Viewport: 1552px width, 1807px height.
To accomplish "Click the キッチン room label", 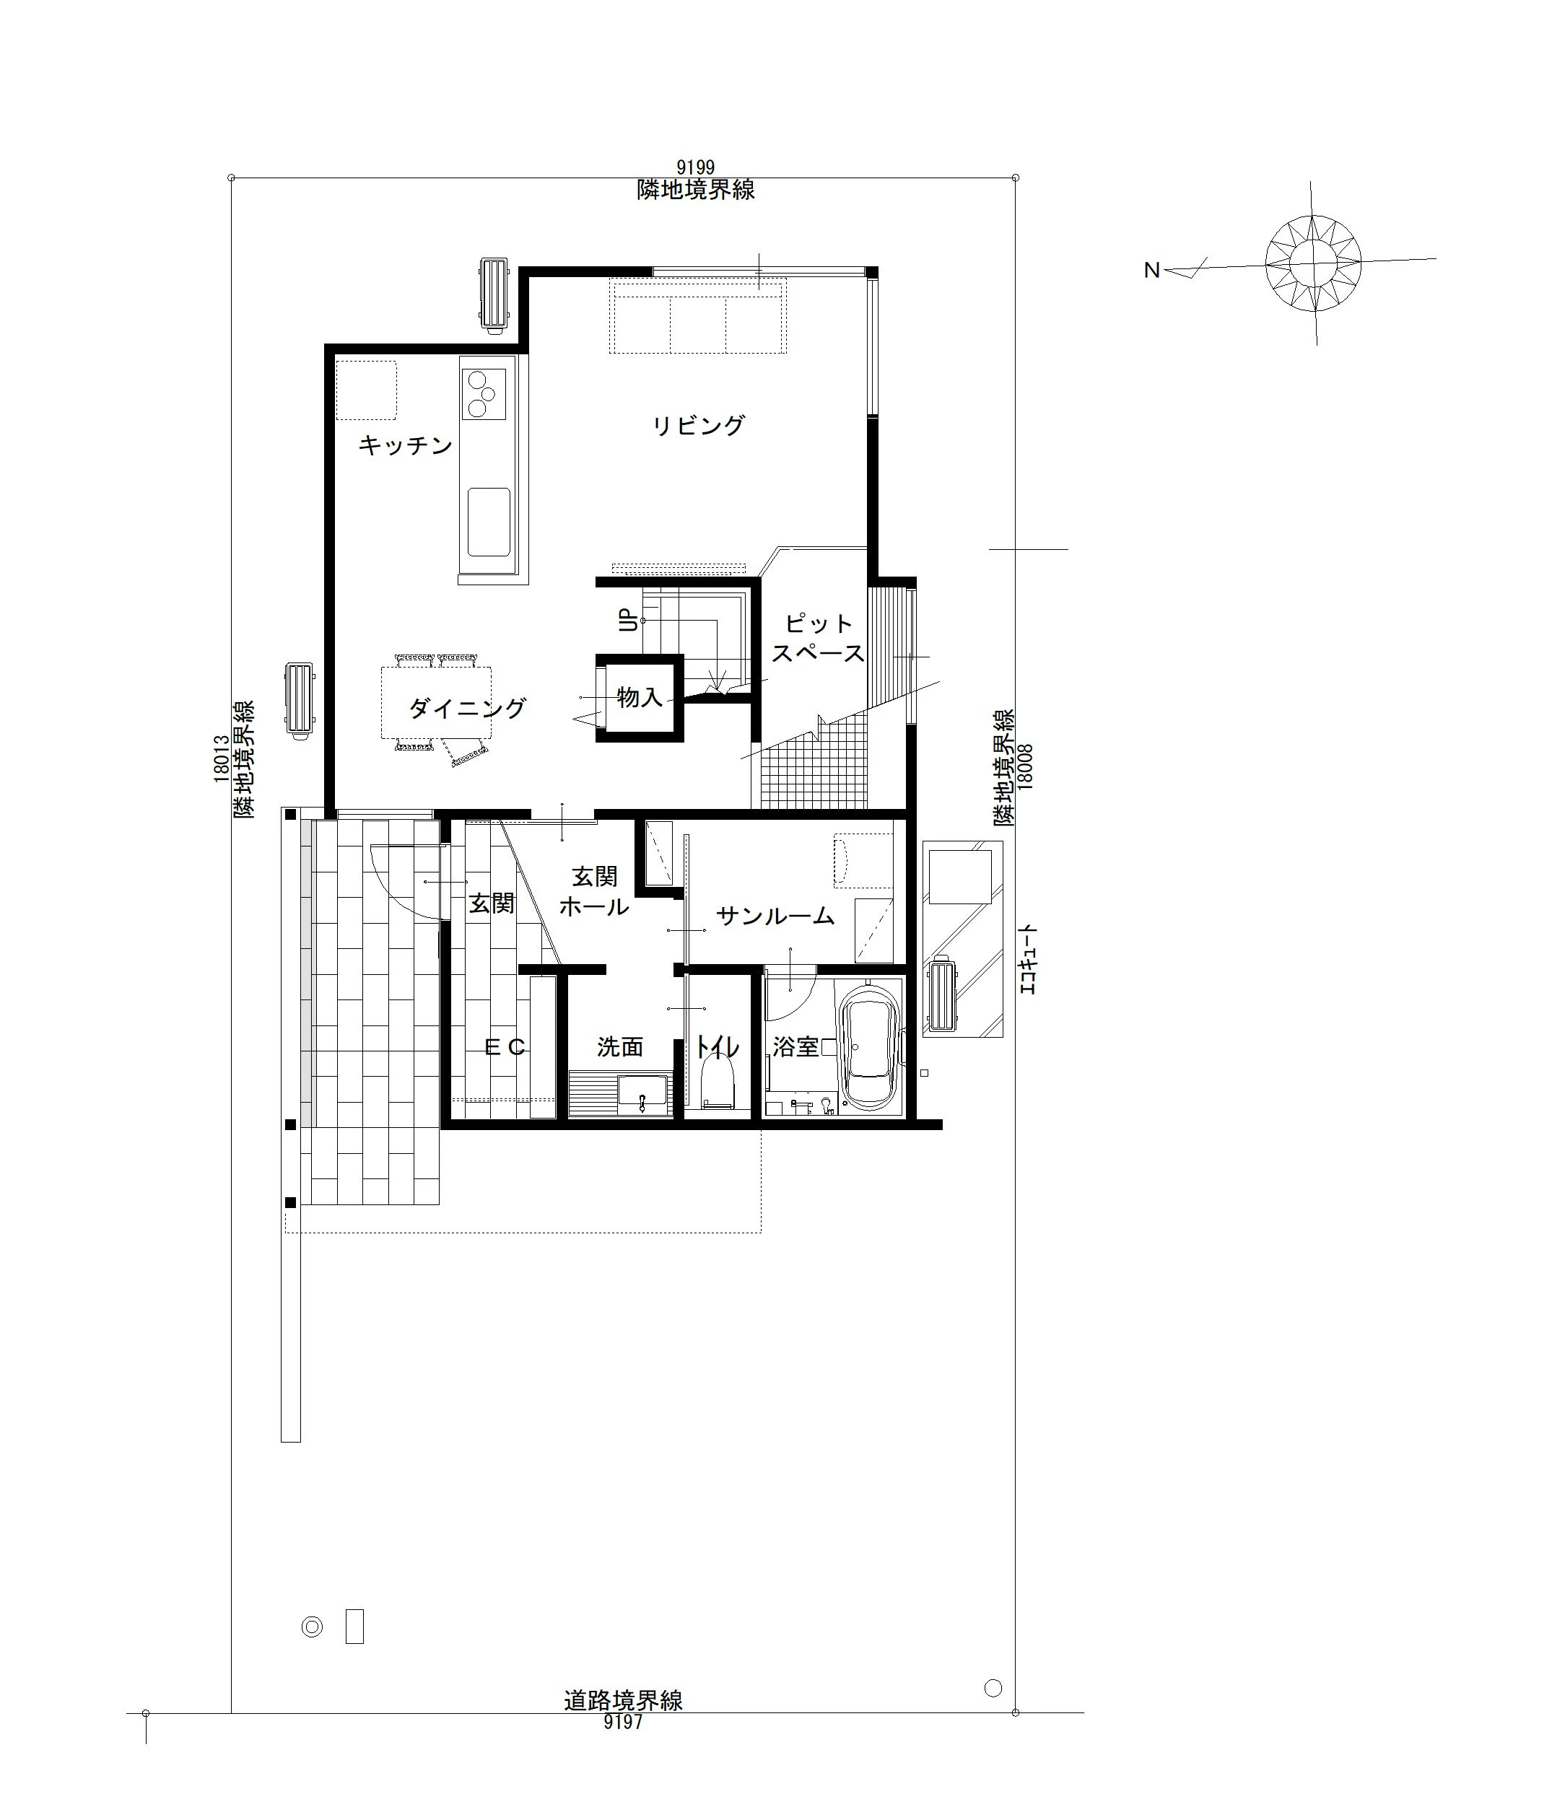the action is pos(405,446).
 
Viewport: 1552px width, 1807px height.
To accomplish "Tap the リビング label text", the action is pos(699,425).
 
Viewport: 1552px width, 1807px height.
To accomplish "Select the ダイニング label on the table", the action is pos(468,707).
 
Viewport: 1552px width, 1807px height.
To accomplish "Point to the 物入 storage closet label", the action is pos(640,697).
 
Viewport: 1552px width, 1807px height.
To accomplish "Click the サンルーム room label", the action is pos(775,916).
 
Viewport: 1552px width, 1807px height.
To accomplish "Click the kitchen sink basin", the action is pos(489,522).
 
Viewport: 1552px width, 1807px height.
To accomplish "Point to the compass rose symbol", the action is pos(1313,263).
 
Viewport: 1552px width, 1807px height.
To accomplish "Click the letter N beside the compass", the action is pos(1151,271).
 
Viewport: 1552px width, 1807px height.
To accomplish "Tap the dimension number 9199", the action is pos(695,167).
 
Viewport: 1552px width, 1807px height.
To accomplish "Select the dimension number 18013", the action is pos(222,758).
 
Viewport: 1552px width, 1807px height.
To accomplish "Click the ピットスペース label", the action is pos(819,637).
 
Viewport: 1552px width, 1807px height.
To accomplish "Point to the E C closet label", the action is pos(505,1047).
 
